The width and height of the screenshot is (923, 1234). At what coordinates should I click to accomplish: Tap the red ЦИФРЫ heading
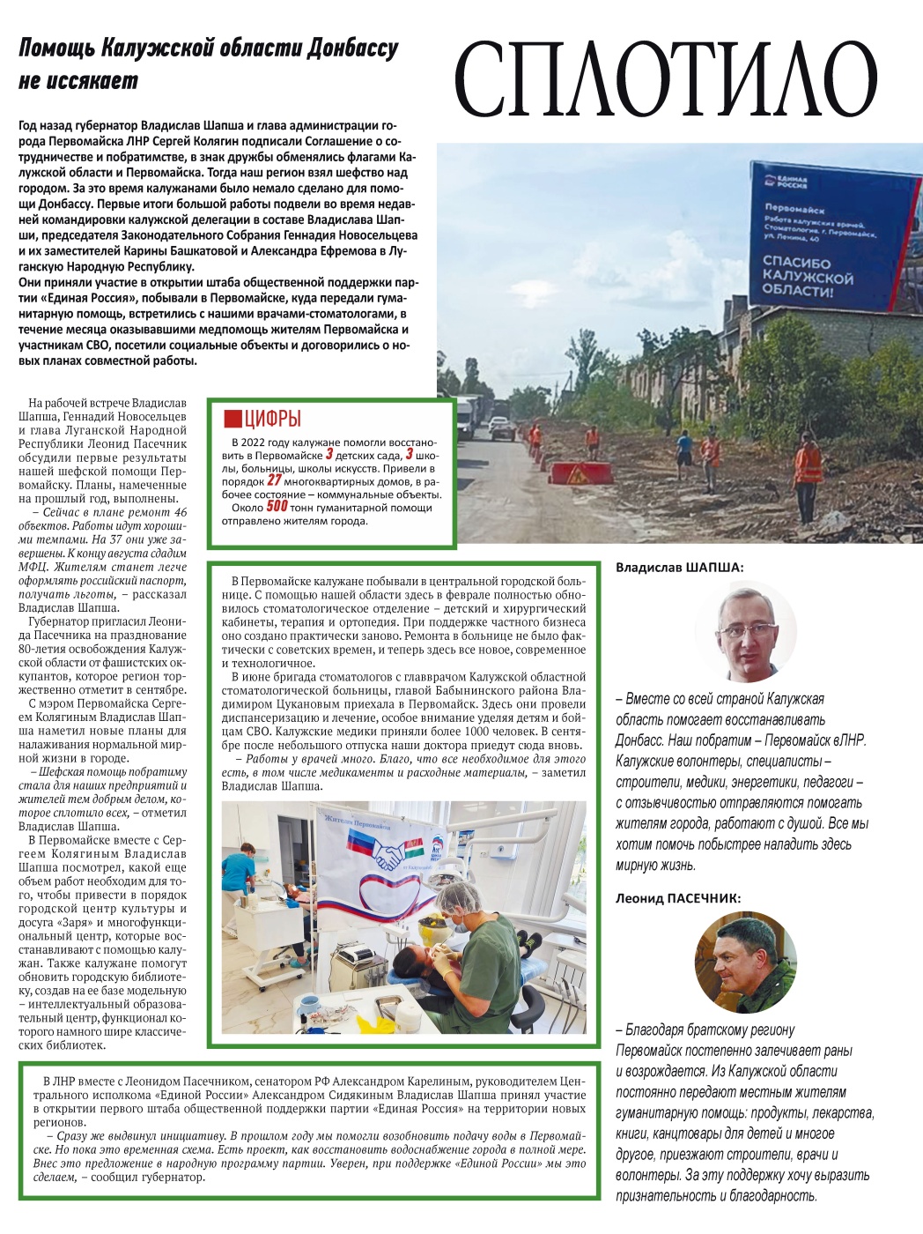[x=273, y=419]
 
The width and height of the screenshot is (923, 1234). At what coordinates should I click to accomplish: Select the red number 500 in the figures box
[x=277, y=507]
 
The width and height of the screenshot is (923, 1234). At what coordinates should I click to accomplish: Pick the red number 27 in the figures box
[x=275, y=480]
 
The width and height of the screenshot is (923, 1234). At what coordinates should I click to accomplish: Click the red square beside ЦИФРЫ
[x=233, y=419]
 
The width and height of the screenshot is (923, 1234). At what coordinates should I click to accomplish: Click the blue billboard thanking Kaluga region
[x=823, y=233]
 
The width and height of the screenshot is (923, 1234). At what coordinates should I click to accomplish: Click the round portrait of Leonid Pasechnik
[x=745, y=963]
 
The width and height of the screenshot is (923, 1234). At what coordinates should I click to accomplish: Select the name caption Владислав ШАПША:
[x=679, y=568]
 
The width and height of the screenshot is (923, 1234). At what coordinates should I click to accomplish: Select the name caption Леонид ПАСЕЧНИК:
[x=678, y=898]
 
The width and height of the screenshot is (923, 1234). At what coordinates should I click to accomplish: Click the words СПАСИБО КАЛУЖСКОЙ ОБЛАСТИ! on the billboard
[x=808, y=276]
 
